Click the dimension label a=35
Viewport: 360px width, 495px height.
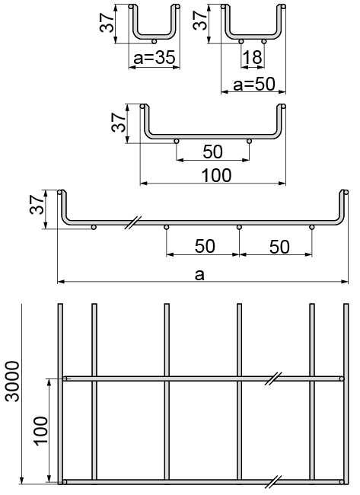[155, 58]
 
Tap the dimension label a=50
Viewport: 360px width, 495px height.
[254, 85]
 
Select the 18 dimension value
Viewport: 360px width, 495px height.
[253, 57]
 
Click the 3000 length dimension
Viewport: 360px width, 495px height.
[13, 382]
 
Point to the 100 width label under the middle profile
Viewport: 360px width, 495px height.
[216, 175]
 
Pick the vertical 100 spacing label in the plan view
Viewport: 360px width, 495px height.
[41, 431]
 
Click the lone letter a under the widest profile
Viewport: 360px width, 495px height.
[199, 275]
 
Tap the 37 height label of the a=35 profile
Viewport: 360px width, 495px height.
[107, 22]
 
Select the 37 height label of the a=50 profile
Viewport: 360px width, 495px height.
[199, 21]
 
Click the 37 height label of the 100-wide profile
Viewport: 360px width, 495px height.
[119, 122]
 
